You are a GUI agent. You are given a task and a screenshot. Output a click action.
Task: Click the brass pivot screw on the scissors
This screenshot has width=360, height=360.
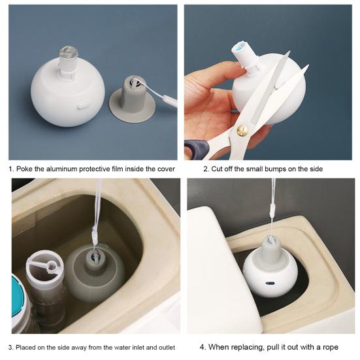tap(242, 130)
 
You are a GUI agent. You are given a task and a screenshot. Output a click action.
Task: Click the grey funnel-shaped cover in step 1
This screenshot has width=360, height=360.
tap(132, 99)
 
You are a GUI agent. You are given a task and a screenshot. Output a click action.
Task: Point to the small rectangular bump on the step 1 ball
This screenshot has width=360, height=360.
tap(83, 106)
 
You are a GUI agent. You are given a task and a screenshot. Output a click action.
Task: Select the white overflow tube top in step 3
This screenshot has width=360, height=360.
tap(44, 267)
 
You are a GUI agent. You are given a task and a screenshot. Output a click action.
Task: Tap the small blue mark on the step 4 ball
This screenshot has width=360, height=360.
tap(269, 283)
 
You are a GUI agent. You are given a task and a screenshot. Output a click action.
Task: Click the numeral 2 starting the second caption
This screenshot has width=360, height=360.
tap(206, 169)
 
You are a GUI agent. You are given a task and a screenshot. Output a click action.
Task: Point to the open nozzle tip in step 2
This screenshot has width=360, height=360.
tap(238, 48)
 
